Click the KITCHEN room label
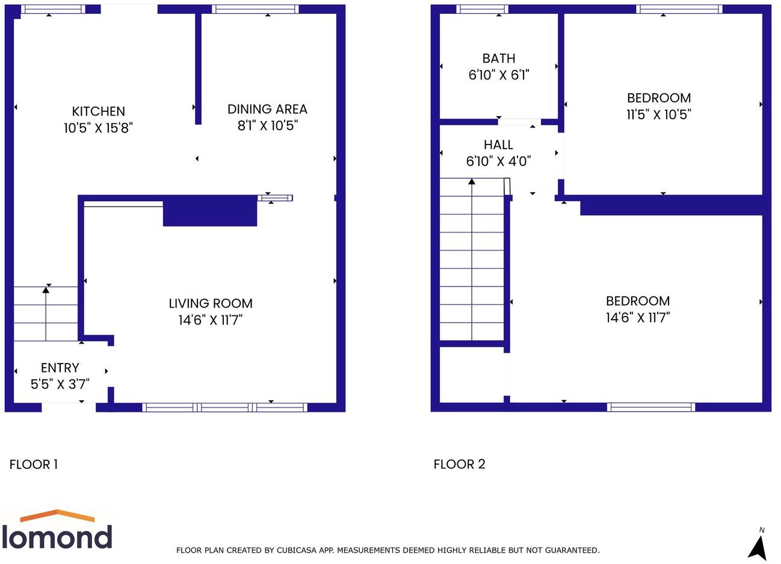[99, 111]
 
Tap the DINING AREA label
[267, 109]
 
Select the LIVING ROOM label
[210, 303]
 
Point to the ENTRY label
[60, 368]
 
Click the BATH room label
[499, 58]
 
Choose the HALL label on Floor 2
[498, 144]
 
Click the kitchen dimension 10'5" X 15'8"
[98, 128]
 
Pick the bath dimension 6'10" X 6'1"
[499, 75]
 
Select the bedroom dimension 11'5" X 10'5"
[659, 114]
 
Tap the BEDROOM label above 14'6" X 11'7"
[638, 301]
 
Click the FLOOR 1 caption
[34, 464]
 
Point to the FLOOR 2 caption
[459, 464]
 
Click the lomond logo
[57, 530]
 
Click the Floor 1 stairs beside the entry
[46, 314]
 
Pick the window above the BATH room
[482, 9]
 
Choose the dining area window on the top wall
[256, 9]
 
